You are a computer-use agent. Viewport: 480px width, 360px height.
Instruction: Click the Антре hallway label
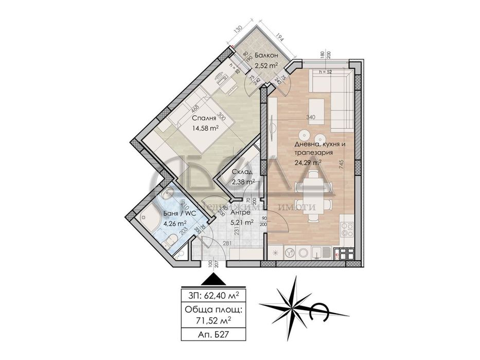point(240,212)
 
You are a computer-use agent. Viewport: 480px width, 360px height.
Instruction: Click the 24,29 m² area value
point(307,163)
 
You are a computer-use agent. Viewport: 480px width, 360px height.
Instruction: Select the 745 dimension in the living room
point(341,164)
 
